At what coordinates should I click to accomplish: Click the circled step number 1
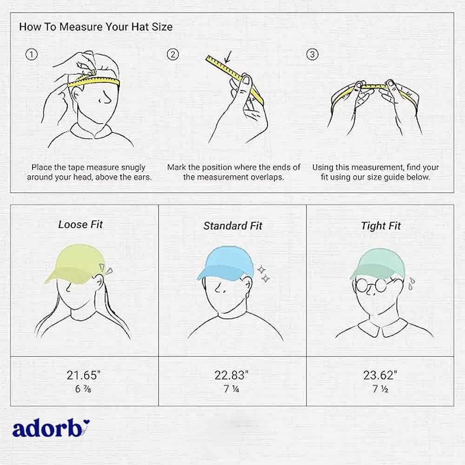32,54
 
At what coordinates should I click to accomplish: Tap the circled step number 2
173,54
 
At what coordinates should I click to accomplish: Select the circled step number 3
312,54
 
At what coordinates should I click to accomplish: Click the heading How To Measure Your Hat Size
96,27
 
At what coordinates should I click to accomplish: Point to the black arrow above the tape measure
228,57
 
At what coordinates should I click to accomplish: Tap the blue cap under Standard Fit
226,263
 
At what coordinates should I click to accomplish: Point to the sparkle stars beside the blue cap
263,274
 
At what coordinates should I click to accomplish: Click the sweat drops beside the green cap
411,283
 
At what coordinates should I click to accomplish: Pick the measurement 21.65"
83,375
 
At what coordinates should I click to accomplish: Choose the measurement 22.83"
231,375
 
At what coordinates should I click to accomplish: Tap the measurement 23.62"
380,375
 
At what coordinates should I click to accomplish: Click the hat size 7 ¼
231,389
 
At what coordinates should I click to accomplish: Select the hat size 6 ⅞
83,389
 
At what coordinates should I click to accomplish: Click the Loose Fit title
80,225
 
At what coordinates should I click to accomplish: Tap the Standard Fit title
233,226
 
